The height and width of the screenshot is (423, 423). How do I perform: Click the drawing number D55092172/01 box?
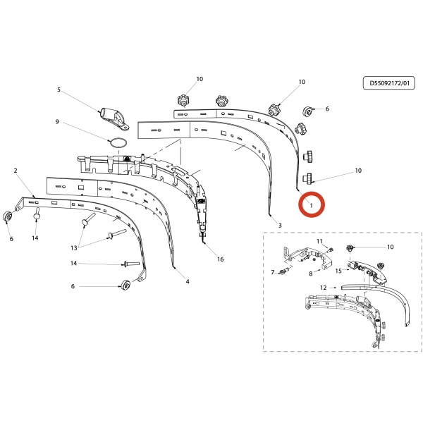click(x=388, y=83)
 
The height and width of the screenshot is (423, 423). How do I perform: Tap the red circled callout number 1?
click(x=312, y=206)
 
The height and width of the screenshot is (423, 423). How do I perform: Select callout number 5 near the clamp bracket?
click(x=59, y=90)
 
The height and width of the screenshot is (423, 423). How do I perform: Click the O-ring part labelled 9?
click(x=117, y=142)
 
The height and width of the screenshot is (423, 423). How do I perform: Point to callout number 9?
click(x=57, y=122)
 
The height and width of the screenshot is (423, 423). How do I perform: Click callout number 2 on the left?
click(x=16, y=171)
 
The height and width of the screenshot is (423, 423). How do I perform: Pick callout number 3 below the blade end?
click(x=280, y=226)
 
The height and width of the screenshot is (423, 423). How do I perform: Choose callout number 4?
click(x=188, y=281)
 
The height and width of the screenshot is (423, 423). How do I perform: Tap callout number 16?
click(x=221, y=259)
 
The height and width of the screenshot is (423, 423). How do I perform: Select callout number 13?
click(x=74, y=248)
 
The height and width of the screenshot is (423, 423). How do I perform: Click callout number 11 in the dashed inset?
click(x=319, y=241)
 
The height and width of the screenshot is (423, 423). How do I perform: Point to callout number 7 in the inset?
click(x=272, y=272)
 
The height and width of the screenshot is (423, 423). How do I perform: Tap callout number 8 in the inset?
click(x=311, y=274)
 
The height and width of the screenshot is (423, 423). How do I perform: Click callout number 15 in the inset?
click(x=338, y=271)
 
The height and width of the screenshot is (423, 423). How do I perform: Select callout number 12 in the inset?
click(x=323, y=288)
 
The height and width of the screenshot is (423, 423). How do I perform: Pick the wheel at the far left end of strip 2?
click(x=8, y=216)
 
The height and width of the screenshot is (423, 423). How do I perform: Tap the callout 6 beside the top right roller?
click(x=327, y=109)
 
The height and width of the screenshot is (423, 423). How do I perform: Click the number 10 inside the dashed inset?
click(x=391, y=247)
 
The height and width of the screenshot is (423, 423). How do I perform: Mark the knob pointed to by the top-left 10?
click(x=183, y=101)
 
